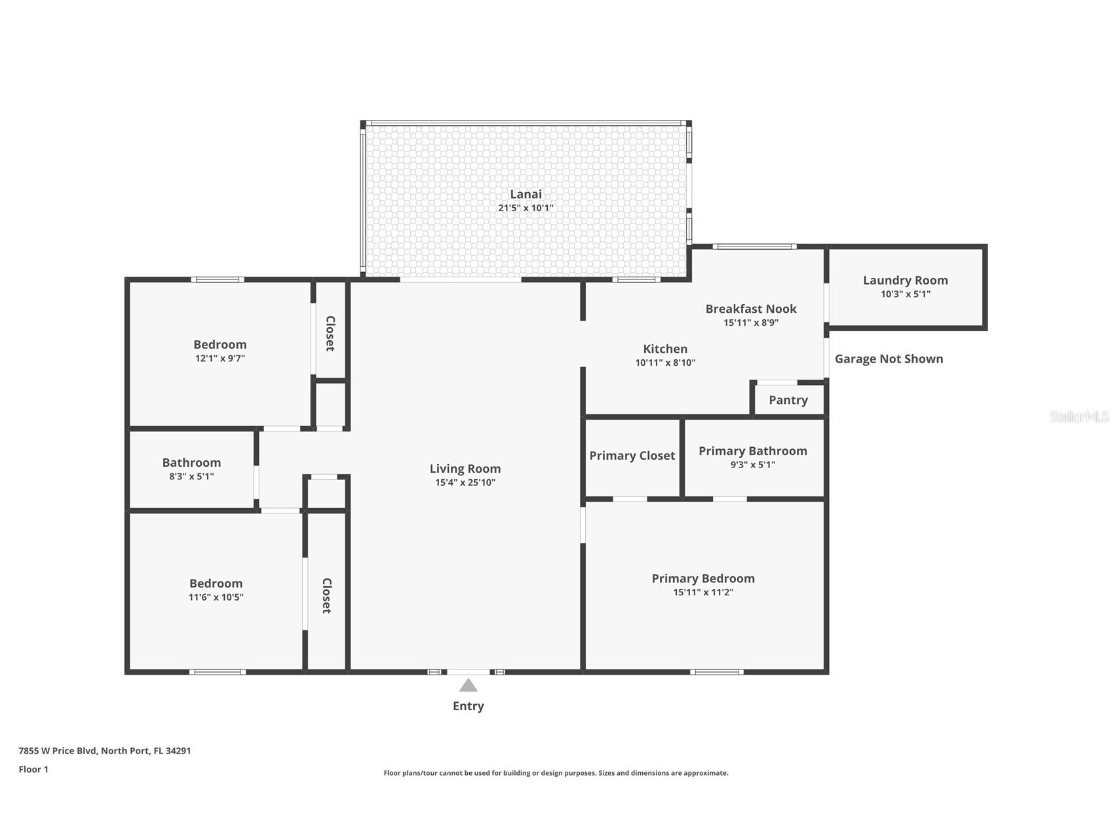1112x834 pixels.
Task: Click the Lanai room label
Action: click(526, 194)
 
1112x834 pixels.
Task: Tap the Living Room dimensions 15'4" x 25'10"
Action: click(465, 483)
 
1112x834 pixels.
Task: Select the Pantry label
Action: click(788, 400)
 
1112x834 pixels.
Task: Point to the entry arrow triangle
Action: click(468, 685)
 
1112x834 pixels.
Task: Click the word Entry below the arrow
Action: click(468, 706)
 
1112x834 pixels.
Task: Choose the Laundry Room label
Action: click(905, 280)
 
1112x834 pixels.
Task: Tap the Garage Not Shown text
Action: click(889, 359)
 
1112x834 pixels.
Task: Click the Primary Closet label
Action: click(632, 456)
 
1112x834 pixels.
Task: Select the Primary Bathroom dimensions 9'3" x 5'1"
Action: click(752, 465)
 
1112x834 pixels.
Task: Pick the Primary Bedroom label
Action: click(702, 578)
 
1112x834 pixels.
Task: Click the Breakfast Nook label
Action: click(751, 309)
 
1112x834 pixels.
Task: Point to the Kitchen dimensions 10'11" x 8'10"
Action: click(665, 363)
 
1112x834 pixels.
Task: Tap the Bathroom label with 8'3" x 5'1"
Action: click(191, 463)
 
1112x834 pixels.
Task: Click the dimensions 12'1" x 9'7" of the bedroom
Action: click(220, 359)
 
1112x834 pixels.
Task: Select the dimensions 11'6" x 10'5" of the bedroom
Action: click(216, 597)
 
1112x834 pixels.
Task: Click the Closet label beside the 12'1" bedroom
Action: click(330, 333)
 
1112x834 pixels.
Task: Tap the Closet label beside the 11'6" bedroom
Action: click(326, 595)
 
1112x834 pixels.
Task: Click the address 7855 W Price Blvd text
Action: click(105, 751)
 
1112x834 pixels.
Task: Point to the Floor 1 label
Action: click(33, 769)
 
